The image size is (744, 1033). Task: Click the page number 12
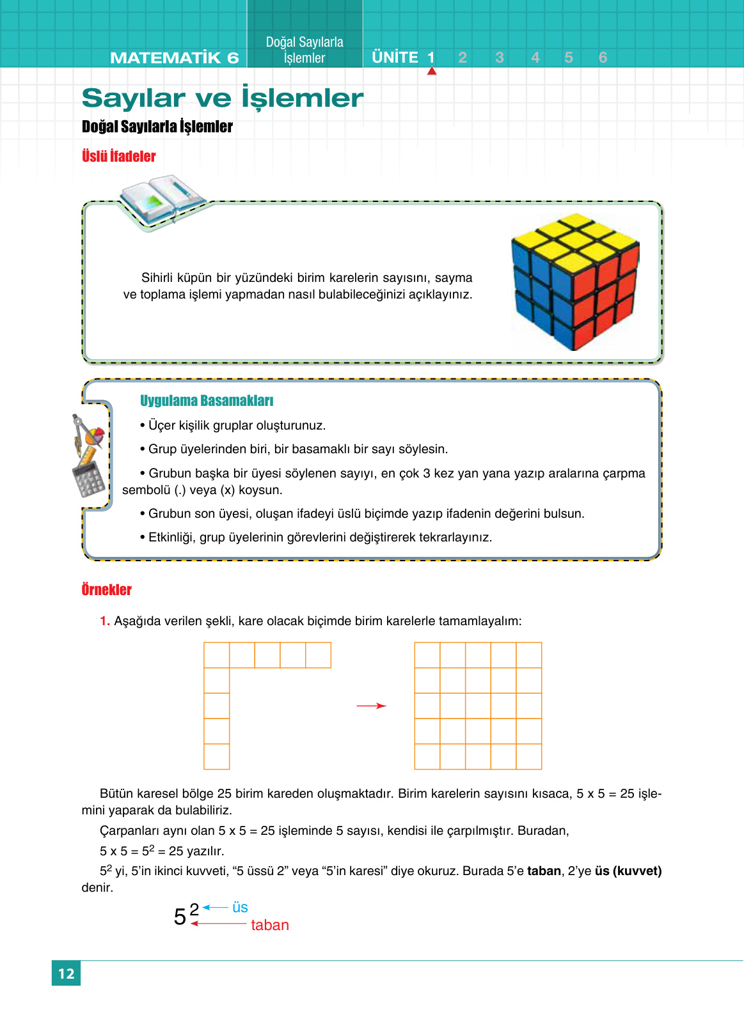click(66, 973)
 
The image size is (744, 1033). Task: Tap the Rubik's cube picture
click(575, 282)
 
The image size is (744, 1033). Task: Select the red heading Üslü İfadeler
click(118, 156)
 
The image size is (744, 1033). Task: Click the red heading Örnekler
click(106, 589)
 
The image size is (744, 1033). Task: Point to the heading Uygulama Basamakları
click(207, 401)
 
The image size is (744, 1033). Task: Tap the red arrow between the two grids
click(372, 706)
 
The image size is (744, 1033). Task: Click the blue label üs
click(240, 907)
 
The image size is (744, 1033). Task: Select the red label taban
click(269, 925)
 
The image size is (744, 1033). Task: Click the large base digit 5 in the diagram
click(180, 917)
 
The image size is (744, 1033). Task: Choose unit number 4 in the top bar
click(535, 58)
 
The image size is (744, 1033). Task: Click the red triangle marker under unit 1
click(432, 71)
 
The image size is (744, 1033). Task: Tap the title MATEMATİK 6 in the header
click(174, 58)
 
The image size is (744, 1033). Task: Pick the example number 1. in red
click(105, 621)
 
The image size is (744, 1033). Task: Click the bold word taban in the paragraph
click(543, 871)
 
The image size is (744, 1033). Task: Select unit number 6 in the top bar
click(603, 58)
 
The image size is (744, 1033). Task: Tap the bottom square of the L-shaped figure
click(216, 756)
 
